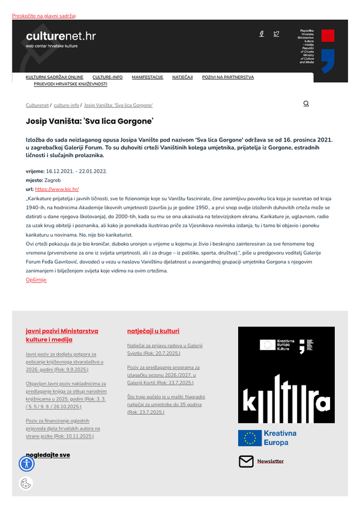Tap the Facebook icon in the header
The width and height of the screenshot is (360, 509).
262,34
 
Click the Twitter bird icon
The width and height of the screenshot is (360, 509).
276,34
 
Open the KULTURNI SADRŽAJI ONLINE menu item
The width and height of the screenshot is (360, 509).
55,77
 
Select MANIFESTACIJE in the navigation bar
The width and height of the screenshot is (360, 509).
148,77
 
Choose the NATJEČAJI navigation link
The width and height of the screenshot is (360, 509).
182,77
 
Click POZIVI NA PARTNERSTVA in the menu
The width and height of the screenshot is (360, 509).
228,77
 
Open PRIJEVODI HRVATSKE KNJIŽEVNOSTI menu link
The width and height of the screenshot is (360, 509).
66,85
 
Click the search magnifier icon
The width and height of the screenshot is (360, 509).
306,104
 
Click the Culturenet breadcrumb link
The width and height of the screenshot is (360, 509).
37,105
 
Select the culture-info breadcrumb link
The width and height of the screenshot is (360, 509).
66,105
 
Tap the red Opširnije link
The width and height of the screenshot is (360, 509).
36,280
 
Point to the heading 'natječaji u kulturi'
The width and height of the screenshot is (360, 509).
153,331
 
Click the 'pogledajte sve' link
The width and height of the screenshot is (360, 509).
48,455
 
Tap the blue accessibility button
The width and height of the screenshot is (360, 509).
27,463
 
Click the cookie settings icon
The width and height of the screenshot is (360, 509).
26,484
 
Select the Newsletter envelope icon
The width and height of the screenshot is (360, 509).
246,461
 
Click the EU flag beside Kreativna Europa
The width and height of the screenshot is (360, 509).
250,438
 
